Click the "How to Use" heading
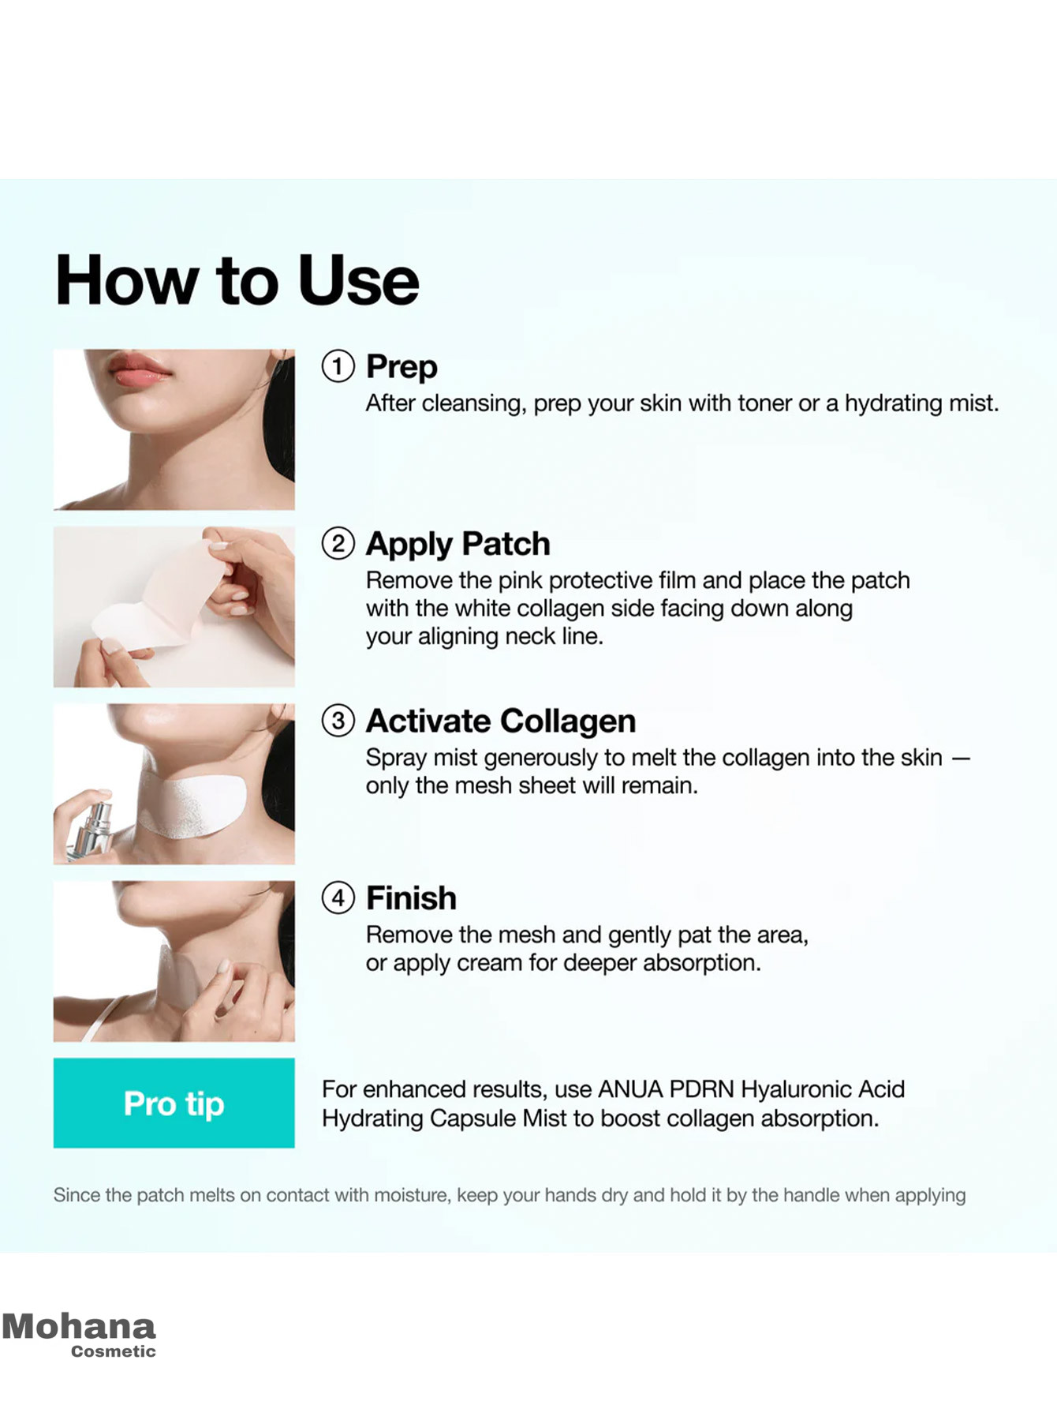[237, 281]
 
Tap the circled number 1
[338, 366]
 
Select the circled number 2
[338, 544]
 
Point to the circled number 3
[338, 721]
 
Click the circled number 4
[338, 898]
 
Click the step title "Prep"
[402, 367]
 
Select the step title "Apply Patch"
[458, 544]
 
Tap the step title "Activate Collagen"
[501, 721]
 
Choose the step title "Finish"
[411, 898]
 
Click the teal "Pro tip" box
[174, 1103]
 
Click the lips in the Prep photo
[139, 368]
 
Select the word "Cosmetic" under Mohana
[114, 1351]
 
